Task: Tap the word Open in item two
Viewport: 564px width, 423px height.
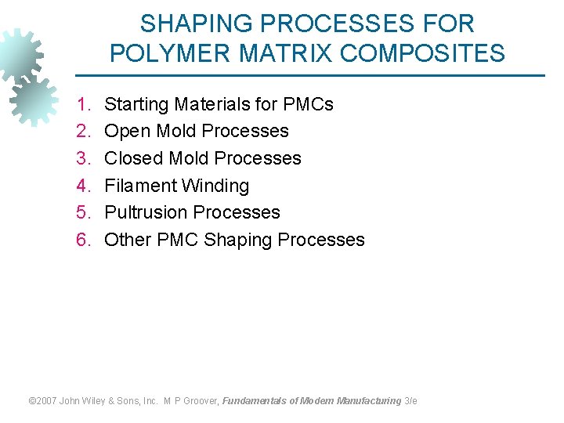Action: pyautogui.click(x=127, y=131)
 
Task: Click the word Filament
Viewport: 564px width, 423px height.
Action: pyautogui.click(x=139, y=186)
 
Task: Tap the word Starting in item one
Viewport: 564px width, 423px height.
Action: pyautogui.click(x=137, y=105)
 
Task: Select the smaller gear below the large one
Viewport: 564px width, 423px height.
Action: pyautogui.click(x=34, y=100)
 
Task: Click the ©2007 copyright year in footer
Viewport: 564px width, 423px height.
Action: pyautogui.click(x=42, y=401)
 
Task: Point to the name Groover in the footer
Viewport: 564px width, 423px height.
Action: pyautogui.click(x=201, y=401)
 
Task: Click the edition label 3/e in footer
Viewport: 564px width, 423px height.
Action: pyautogui.click(x=410, y=401)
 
